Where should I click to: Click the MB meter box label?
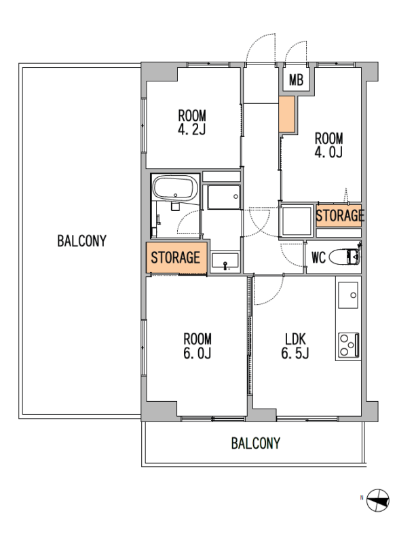pyautogui.click(x=296, y=80)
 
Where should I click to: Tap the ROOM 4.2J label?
pyautogui.click(x=192, y=122)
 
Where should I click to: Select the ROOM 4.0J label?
pyautogui.click(x=328, y=145)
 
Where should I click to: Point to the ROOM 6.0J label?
pyautogui.click(x=197, y=345)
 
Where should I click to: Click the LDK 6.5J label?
pyautogui.click(x=295, y=345)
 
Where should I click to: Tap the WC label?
pyautogui.click(x=319, y=258)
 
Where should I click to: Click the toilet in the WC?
pyautogui.click(x=344, y=257)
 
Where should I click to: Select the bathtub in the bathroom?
pyautogui.click(x=175, y=188)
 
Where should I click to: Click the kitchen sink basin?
pyautogui.click(x=348, y=295)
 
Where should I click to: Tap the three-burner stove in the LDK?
pyautogui.click(x=348, y=345)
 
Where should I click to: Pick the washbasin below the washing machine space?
pyautogui.click(x=225, y=262)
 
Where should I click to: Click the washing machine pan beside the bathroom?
pyautogui.click(x=224, y=197)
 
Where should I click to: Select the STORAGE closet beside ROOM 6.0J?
pyautogui.click(x=176, y=258)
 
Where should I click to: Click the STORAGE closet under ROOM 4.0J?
pyautogui.click(x=339, y=215)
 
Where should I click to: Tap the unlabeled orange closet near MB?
pyautogui.click(x=287, y=114)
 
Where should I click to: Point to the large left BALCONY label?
pyautogui.click(x=81, y=241)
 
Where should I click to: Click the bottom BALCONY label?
pyautogui.click(x=256, y=443)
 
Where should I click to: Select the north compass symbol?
pyautogui.click(x=378, y=500)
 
